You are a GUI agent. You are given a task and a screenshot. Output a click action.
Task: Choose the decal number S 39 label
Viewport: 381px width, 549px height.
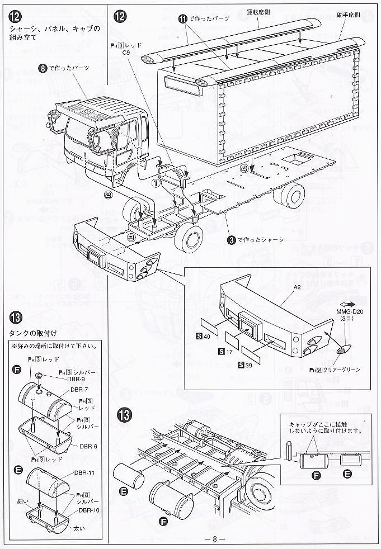pyautogui.click(x=244, y=365)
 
